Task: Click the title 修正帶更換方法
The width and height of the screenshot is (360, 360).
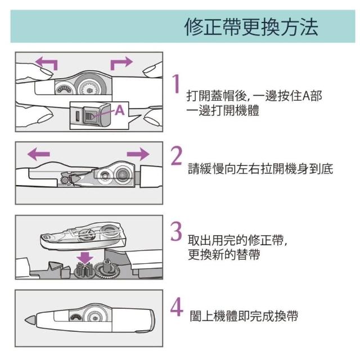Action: [x=251, y=26]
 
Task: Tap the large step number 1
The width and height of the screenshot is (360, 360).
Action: [x=177, y=83]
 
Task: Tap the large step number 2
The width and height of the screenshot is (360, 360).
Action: [x=177, y=156]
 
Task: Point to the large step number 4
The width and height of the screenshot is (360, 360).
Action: [x=177, y=307]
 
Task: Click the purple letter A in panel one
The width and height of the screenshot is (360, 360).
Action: [x=119, y=111]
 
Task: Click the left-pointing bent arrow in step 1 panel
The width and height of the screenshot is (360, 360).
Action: [x=46, y=62]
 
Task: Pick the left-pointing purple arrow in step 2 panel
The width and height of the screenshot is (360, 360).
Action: [x=38, y=153]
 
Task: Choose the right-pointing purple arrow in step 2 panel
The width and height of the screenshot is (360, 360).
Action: [x=138, y=153]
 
